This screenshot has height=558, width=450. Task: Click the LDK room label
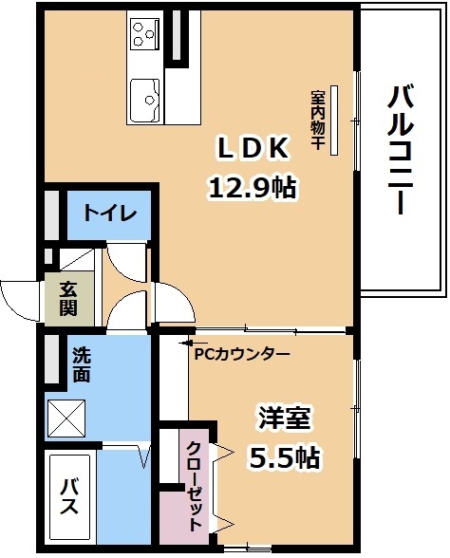pyautogui.click(x=253, y=148)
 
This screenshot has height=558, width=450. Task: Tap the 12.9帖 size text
pyautogui.click(x=253, y=188)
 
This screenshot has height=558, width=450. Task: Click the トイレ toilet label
pyautogui.click(x=110, y=214)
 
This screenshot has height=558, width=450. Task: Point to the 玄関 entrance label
pyautogui.click(x=68, y=299)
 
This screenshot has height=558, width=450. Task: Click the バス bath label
pyautogui.click(x=69, y=496)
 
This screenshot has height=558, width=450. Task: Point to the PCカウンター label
pyautogui.click(x=242, y=354)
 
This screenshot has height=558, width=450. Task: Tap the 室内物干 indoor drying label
pyautogui.click(x=317, y=120)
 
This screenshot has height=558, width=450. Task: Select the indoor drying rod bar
pyautogui.click(x=334, y=121)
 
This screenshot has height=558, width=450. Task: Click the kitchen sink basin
pyautogui.click(x=144, y=100)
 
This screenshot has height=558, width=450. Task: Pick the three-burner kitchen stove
pyautogui.click(x=144, y=34)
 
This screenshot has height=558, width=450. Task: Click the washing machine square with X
pyautogui.click(x=67, y=418)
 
